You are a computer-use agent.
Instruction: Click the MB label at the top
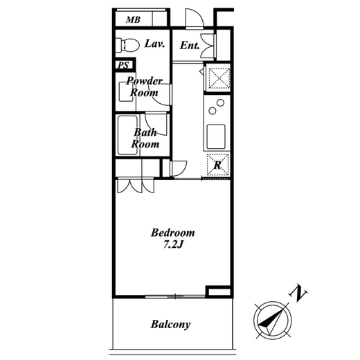pos(133,20)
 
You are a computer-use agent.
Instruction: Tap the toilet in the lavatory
pos(127,45)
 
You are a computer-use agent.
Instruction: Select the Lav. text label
pos(154,44)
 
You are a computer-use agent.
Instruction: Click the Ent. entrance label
pos(190,45)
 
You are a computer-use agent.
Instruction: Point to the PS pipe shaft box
pos(124,64)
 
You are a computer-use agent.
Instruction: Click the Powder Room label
pos(144,87)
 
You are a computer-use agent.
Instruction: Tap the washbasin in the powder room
pos(126,92)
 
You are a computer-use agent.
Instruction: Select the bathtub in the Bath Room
pos(127,135)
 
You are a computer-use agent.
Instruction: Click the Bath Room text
pos(145,138)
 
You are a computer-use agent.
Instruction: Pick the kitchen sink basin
pos(216,136)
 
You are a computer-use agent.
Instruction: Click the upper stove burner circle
pos(220,102)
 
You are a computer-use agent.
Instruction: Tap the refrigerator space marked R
pos(218,165)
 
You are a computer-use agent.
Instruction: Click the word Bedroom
pos(173,233)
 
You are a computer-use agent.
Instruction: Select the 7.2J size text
pos(173,244)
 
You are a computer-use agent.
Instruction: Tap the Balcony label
pos(170,324)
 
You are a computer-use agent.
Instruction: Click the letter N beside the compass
pos(298,293)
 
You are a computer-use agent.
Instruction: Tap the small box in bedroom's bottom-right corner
pos(218,291)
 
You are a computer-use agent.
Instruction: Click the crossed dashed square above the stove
pos(219,78)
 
